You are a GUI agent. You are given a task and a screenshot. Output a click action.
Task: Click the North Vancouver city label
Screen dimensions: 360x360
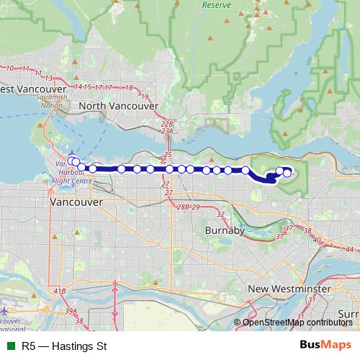(119, 106)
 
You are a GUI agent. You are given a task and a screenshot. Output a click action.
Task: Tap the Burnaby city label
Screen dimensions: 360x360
(226, 231)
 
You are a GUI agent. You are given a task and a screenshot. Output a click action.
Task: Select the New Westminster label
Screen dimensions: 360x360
(289, 289)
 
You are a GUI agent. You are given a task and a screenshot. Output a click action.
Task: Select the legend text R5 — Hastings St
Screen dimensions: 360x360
(64, 346)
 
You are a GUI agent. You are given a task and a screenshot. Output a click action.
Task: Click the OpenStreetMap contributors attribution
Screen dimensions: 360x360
(298, 322)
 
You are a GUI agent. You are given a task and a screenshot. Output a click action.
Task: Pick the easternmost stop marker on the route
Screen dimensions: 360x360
(287, 172)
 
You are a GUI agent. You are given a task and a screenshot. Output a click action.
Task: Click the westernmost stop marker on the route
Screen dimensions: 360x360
(71, 161)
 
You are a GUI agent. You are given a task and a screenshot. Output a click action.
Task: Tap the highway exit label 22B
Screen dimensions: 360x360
(168, 124)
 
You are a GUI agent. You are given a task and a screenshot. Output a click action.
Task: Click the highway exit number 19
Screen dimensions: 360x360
(145, 96)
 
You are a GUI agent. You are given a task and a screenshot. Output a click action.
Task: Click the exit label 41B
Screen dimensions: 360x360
(59, 291)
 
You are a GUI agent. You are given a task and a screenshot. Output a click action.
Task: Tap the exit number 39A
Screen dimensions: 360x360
(71, 310)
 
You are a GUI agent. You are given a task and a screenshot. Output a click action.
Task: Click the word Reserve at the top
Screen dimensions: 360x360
(215, 4)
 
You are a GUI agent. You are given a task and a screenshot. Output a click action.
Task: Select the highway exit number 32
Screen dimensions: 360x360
(220, 215)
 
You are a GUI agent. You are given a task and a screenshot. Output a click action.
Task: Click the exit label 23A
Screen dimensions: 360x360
(168, 132)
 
